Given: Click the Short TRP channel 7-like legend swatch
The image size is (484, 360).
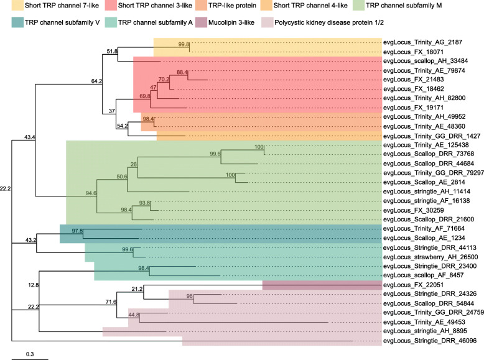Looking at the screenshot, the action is point(17,5).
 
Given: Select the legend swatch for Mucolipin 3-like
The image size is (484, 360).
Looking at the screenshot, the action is point(201,22).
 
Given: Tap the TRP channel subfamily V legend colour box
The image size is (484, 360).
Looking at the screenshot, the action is point(17,22).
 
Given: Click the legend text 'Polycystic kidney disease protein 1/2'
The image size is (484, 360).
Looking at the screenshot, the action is point(329,22).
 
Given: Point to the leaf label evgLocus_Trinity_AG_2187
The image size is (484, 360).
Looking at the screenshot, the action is point(422,42).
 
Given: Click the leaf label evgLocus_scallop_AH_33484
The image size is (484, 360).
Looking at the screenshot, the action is point(426,61).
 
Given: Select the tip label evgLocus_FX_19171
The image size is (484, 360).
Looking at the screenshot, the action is point(413,108).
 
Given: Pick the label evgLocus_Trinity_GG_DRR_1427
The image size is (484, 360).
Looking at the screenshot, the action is point(432,136).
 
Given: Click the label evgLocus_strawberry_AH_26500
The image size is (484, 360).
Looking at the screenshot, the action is point(430,257).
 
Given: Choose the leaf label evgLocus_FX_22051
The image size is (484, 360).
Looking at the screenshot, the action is point(413,285).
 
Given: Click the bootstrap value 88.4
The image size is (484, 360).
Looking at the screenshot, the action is point(182,72).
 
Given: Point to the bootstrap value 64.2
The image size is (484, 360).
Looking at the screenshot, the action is point(96,81).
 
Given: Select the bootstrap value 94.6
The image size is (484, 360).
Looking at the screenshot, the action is point(91,193).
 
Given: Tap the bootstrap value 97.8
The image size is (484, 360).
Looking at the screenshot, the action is point(77,231).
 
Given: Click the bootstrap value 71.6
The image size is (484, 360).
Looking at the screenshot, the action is point(111,302).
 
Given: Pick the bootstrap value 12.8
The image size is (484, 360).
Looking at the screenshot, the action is point(34,285).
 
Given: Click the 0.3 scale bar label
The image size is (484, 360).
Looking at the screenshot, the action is point(30,354).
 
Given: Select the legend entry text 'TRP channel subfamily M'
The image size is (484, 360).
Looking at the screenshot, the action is point(404,5).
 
